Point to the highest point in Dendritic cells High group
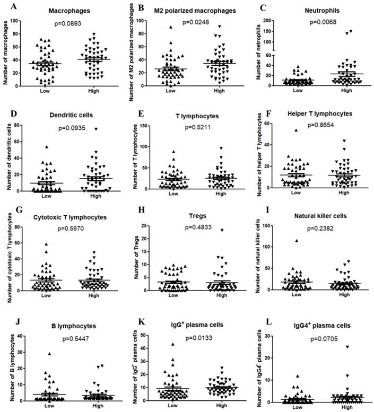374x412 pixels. tap(81, 129)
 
